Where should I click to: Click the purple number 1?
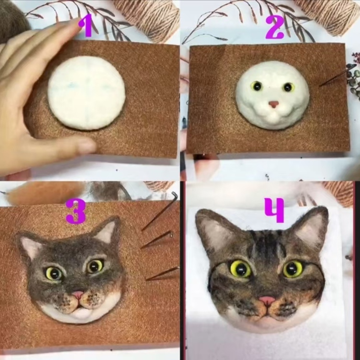(x=86, y=26)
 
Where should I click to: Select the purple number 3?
(x=76, y=211)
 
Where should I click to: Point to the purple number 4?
(x=274, y=210)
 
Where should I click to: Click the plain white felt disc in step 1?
(x=86, y=93)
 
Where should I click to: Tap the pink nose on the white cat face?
(x=274, y=104)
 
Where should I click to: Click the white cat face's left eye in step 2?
(x=257, y=86)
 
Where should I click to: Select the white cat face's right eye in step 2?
(x=288, y=87)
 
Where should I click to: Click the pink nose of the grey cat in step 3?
(x=78, y=294)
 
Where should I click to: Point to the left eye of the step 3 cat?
(x=54, y=273)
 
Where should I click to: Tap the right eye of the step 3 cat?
(x=95, y=266)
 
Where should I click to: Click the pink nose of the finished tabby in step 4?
(x=267, y=300)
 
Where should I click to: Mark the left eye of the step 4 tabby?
(x=241, y=269)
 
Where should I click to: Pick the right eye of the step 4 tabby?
(x=293, y=269)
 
